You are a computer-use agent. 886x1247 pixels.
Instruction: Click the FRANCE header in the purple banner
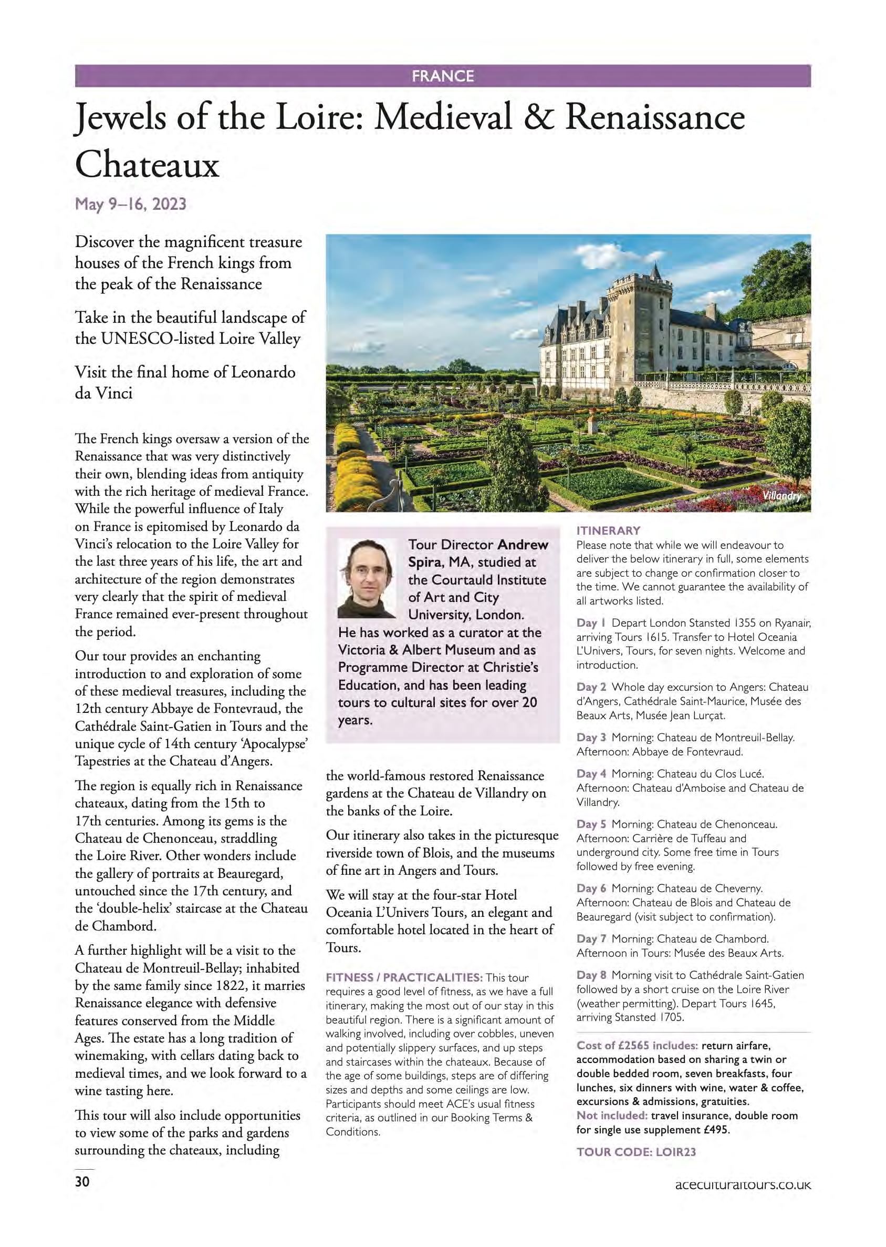442,76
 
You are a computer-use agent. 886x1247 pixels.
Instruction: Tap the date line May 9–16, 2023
130,204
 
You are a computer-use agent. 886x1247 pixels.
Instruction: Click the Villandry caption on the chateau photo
782,496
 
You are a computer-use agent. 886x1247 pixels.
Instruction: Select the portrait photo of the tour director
367,578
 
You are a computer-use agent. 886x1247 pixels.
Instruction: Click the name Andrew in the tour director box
523,544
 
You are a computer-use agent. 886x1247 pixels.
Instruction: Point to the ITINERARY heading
608,530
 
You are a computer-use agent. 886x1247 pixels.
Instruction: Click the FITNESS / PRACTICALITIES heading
404,977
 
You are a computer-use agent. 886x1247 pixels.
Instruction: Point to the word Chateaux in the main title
147,166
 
